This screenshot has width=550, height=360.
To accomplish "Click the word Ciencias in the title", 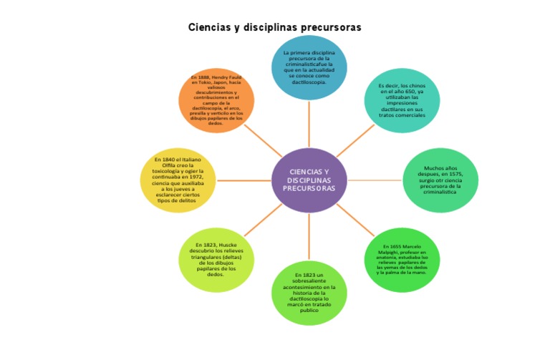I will [210, 27].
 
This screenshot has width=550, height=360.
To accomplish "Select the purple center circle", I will [309, 180].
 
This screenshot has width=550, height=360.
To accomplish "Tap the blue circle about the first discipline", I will [309, 67].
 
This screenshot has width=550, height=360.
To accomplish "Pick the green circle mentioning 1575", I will [440, 180].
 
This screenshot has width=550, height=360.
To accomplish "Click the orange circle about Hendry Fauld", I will [216, 100].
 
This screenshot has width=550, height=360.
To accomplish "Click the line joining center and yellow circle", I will [243, 180].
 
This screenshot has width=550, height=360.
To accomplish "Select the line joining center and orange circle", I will [262, 140].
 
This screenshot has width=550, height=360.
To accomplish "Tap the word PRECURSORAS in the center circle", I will [309, 189].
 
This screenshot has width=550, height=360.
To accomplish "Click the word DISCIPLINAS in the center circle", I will [309, 180].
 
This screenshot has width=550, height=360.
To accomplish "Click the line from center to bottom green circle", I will [309, 236].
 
